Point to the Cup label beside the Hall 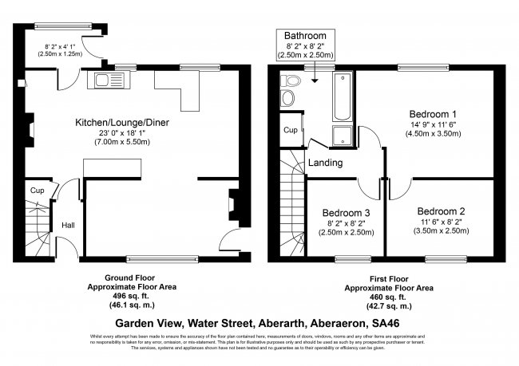click(37, 191)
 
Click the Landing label click(325, 163)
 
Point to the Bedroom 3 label click(346, 213)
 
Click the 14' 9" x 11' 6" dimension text click(435, 125)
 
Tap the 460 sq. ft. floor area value click(389, 294)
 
